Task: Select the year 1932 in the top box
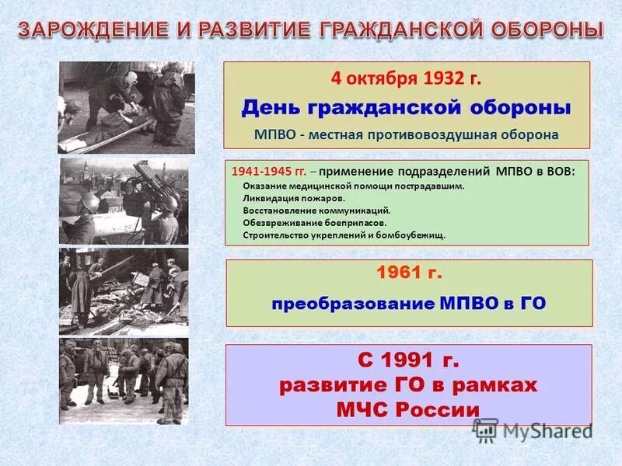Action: pos(444,79)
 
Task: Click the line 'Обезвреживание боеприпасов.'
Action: pos(304,222)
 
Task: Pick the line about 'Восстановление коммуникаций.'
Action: pos(306,210)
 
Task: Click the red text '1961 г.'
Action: pos(409,273)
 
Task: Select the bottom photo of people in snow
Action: pos(124,380)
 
